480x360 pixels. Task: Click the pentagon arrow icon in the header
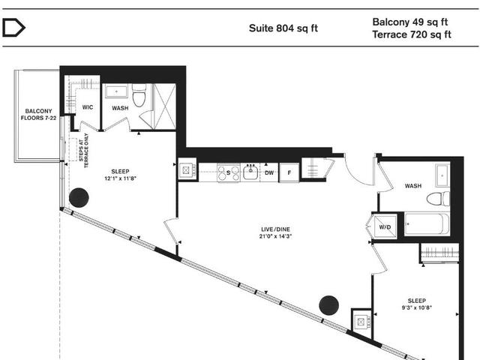click(14, 28)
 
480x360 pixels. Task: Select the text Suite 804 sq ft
click(283, 29)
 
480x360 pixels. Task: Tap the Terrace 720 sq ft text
click(412, 34)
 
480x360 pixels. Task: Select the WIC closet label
click(87, 107)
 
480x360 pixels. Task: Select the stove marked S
click(224, 172)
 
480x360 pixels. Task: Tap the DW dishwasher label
click(269, 172)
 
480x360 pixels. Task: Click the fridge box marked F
click(289, 172)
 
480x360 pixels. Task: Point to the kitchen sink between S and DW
click(249, 172)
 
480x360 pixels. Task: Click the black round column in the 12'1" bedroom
click(79, 199)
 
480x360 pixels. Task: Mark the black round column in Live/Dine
click(328, 305)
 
